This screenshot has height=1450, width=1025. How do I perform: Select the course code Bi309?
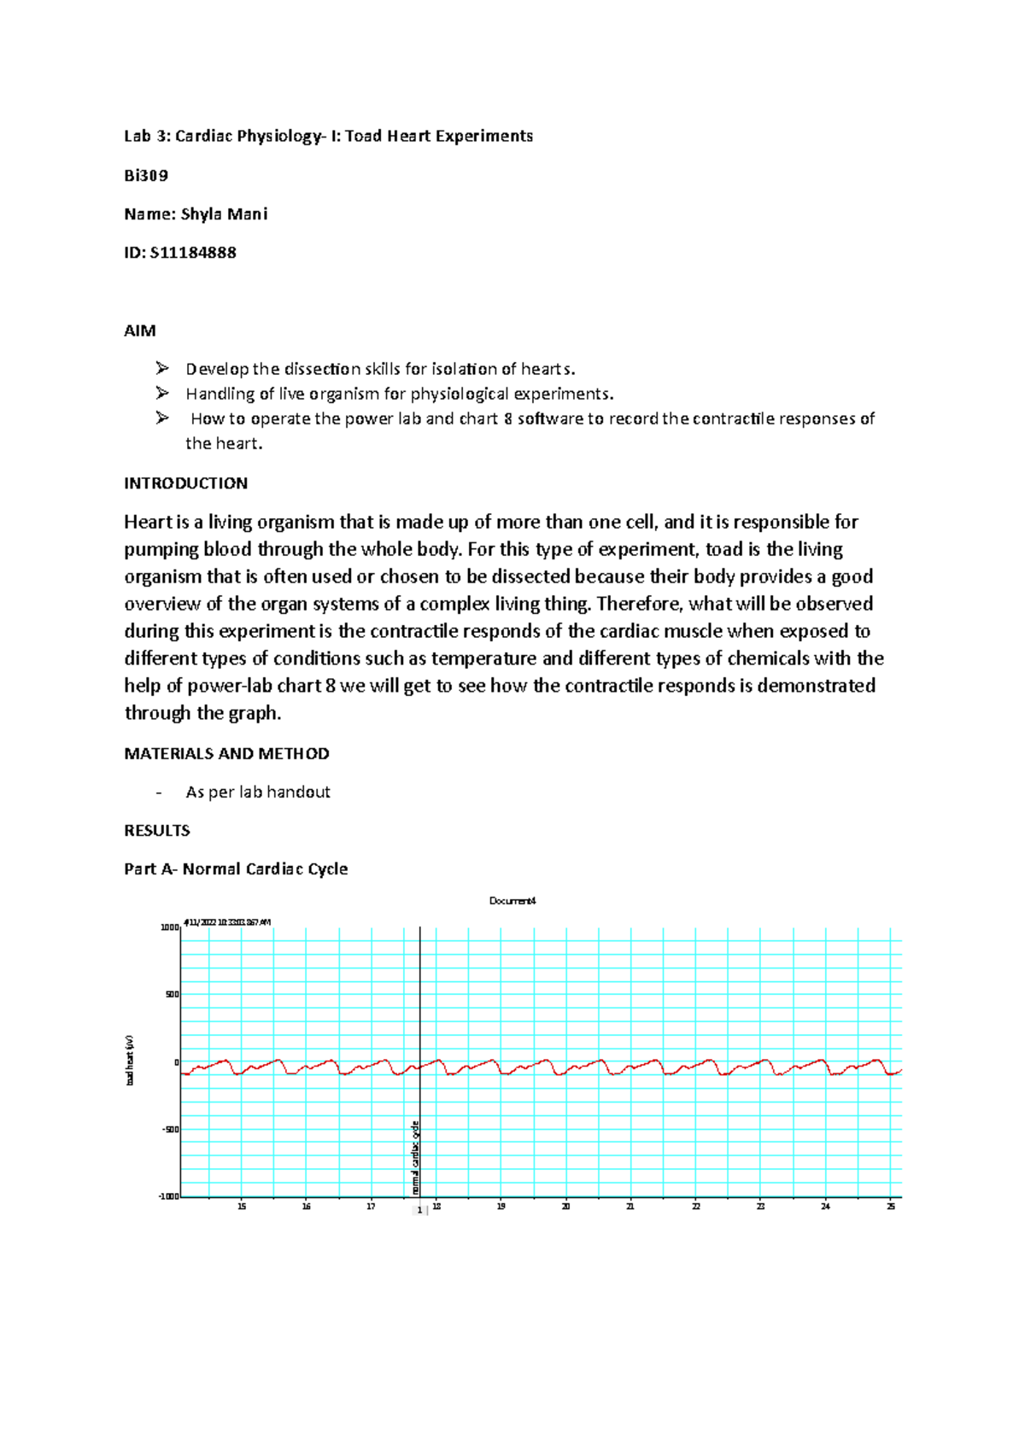pyautogui.click(x=146, y=176)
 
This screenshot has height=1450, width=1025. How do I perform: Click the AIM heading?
pyautogui.click(x=140, y=330)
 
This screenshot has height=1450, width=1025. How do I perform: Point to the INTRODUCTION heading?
pyautogui.click(x=185, y=483)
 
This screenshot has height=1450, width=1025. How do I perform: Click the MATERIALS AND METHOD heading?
pyautogui.click(x=226, y=753)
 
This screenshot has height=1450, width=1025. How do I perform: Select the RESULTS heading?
pyautogui.click(x=157, y=830)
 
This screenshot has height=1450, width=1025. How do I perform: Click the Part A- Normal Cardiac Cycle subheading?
pyautogui.click(x=236, y=868)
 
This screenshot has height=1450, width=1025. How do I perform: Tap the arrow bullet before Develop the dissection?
pyautogui.click(x=162, y=368)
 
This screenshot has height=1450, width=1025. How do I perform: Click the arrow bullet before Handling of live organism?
pyautogui.click(x=162, y=393)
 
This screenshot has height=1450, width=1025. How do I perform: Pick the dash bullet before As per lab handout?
pyautogui.click(x=159, y=792)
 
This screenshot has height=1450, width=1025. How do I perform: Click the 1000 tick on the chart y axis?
pyautogui.click(x=169, y=927)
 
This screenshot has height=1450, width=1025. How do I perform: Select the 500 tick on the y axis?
pyautogui.click(x=172, y=995)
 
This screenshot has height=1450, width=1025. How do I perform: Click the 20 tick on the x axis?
pyautogui.click(x=565, y=1207)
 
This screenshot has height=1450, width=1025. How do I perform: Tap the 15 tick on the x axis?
pyautogui.click(x=242, y=1207)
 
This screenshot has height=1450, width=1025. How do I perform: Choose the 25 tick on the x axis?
pyautogui.click(x=891, y=1207)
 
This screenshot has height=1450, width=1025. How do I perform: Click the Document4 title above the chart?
pyautogui.click(x=512, y=901)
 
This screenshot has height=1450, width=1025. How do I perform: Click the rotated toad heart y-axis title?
pyautogui.click(x=130, y=1060)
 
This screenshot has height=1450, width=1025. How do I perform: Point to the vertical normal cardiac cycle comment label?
pyautogui.click(x=415, y=1157)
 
